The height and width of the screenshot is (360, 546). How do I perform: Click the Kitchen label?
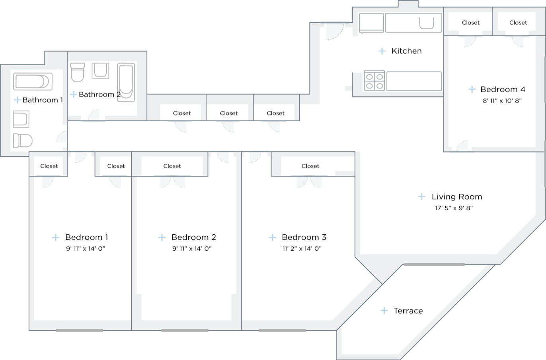tap(406, 51)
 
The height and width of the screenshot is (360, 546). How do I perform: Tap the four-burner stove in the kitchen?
tap(374, 81)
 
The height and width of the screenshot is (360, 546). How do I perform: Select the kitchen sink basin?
tap(427, 23)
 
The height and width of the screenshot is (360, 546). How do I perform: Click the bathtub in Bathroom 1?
tap(33, 82)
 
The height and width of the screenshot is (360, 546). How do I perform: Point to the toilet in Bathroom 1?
tap(23, 140)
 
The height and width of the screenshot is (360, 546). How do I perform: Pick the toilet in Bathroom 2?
tap(78, 72)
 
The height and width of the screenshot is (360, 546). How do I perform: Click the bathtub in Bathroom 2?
tap(126, 82)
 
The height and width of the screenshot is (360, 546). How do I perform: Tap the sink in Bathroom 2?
tap(100, 71)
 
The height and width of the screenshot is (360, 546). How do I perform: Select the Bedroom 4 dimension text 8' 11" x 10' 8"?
tap(502, 101)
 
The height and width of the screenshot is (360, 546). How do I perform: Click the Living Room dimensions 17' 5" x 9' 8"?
tap(454, 208)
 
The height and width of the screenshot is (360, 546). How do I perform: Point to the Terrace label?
tap(408, 311)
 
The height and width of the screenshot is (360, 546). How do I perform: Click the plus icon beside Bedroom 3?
tap(273, 237)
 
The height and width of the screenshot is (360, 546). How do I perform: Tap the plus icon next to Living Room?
tap(422, 197)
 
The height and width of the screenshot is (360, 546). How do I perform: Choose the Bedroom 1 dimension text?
tap(86, 249)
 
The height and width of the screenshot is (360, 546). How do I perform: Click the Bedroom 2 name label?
tap(194, 237)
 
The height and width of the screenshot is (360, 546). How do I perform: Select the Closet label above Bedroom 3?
tap(310, 166)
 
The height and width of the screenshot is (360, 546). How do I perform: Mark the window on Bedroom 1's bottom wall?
tap(80, 330)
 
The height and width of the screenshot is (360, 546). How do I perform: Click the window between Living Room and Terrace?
tap(434, 264)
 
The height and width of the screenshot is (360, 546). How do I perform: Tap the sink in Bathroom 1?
tap(21, 119)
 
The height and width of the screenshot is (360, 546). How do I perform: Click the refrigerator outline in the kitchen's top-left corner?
tap(371, 23)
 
